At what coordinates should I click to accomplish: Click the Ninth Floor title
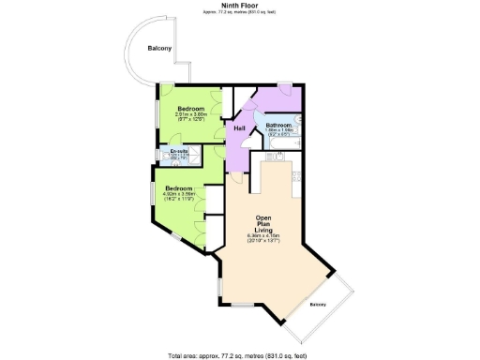tap(240, 5)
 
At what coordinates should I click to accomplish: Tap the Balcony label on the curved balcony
tap(158, 49)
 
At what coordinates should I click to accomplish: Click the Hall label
tap(240, 127)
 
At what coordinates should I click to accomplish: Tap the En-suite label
tap(179, 150)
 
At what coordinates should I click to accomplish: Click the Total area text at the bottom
tap(240, 355)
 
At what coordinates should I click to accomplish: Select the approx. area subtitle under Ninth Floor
tap(240, 12)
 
